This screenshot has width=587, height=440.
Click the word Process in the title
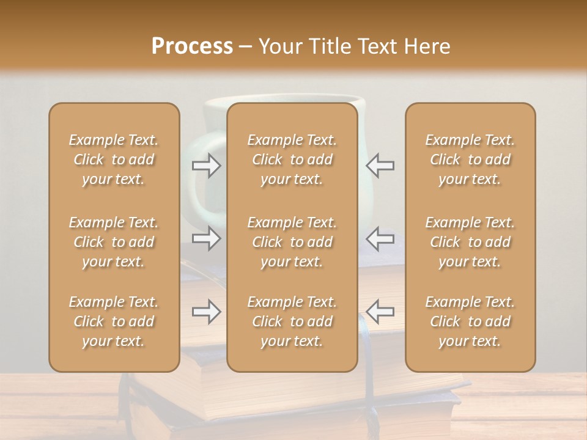pyautogui.click(x=192, y=46)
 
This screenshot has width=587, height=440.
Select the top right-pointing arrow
pyautogui.click(x=206, y=165)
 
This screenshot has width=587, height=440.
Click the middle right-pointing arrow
pyautogui.click(x=206, y=238)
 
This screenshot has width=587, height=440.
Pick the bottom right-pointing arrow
pyautogui.click(x=206, y=312)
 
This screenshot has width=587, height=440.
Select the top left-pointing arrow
pyautogui.click(x=380, y=165)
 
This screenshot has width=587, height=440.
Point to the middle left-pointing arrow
pyautogui.click(x=380, y=238)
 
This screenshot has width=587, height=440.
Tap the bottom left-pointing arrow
pyautogui.click(x=380, y=312)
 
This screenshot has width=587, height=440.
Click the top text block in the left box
pyautogui.click(x=114, y=159)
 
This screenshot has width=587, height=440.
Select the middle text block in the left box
pyautogui.click(x=114, y=242)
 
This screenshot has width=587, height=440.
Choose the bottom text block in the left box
pyautogui.click(x=114, y=321)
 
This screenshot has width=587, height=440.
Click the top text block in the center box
pyautogui.click(x=292, y=159)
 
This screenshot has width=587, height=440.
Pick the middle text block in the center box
pyautogui.click(x=292, y=242)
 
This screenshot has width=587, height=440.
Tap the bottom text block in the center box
pyautogui.click(x=292, y=321)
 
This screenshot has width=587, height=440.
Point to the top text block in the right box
pyautogui.click(x=470, y=159)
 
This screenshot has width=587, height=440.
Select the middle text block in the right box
pyautogui.click(x=470, y=242)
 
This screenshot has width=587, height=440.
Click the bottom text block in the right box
pyautogui.click(x=470, y=321)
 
